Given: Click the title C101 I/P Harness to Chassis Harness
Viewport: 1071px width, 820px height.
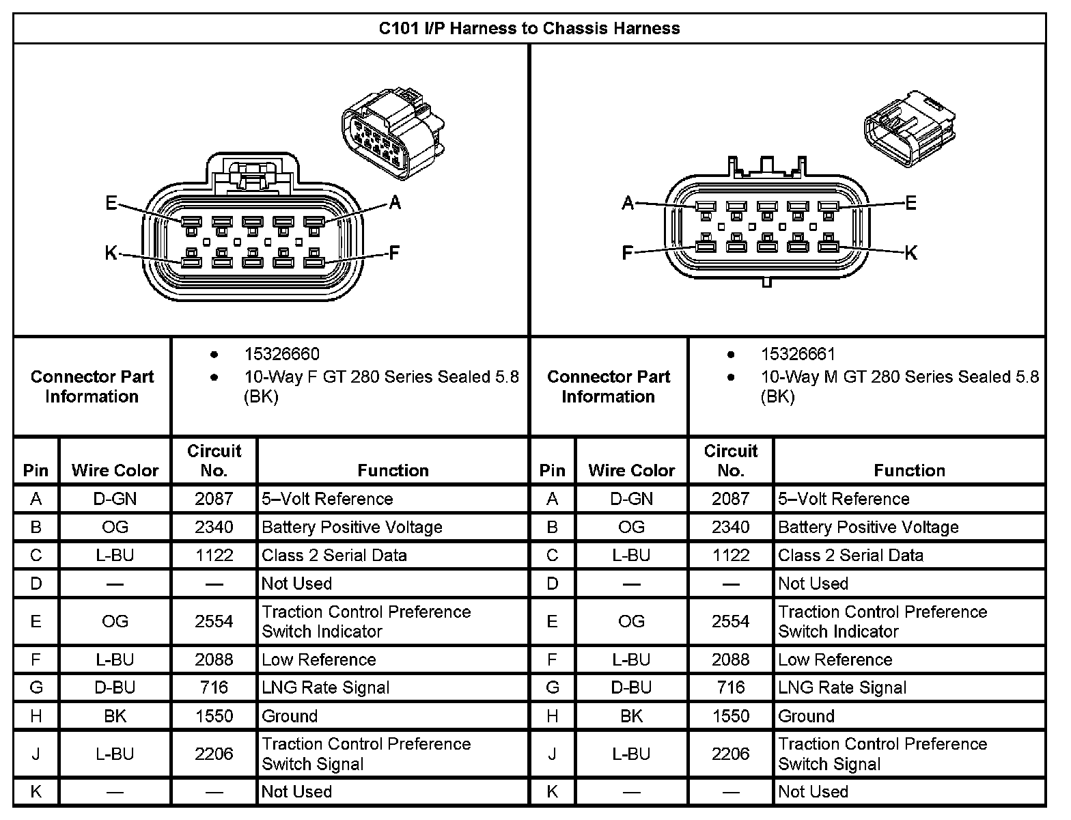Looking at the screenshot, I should click(x=529, y=29).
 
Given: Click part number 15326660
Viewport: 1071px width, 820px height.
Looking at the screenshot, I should click(x=281, y=354).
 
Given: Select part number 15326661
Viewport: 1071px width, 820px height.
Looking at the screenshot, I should click(x=798, y=354).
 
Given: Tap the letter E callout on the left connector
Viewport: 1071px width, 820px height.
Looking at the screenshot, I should click(x=111, y=203).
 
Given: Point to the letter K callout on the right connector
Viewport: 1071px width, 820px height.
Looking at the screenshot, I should click(x=910, y=253).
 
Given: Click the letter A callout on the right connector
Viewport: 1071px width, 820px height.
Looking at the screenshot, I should click(x=628, y=203).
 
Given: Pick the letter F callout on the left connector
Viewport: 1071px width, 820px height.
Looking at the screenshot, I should click(x=394, y=254).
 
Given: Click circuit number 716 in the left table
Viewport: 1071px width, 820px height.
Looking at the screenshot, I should click(x=214, y=687).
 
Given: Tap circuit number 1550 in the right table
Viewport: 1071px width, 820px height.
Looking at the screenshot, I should click(x=730, y=716).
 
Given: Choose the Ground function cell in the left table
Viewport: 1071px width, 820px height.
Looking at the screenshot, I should click(x=290, y=716).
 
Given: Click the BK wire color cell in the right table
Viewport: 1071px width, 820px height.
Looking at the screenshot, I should click(x=631, y=716).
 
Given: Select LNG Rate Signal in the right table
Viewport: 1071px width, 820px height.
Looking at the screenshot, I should click(x=842, y=687).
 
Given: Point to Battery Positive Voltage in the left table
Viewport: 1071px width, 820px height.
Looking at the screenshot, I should click(x=352, y=527).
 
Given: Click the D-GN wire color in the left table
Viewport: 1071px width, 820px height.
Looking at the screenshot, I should click(x=115, y=499).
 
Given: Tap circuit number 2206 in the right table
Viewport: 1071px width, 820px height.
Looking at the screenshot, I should click(x=730, y=754).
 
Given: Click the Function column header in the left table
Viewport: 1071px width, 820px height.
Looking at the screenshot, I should click(x=393, y=470).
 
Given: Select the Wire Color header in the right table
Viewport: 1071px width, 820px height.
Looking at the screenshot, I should click(x=631, y=470).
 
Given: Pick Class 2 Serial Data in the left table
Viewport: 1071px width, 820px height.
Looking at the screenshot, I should click(x=334, y=556).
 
